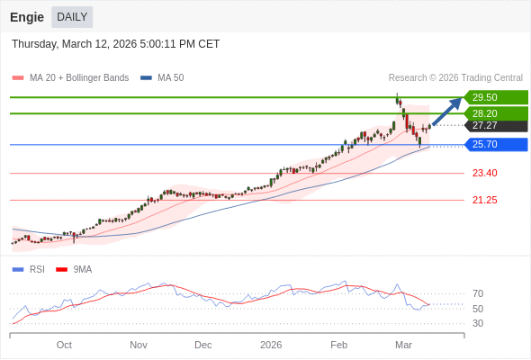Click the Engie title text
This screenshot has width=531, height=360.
point(26,17)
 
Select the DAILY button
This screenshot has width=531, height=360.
point(72,17)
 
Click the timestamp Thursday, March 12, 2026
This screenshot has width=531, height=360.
point(115,44)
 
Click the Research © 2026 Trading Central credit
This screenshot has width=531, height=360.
point(455,78)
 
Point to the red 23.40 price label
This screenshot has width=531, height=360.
point(484,173)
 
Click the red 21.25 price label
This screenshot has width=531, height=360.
point(484,200)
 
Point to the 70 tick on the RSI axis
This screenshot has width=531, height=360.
point(477,293)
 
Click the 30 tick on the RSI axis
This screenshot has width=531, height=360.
point(477,323)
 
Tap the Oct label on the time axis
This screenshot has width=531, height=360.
point(64,345)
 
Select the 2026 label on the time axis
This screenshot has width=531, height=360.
point(271,345)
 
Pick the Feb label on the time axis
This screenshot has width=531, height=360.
point(338,345)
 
